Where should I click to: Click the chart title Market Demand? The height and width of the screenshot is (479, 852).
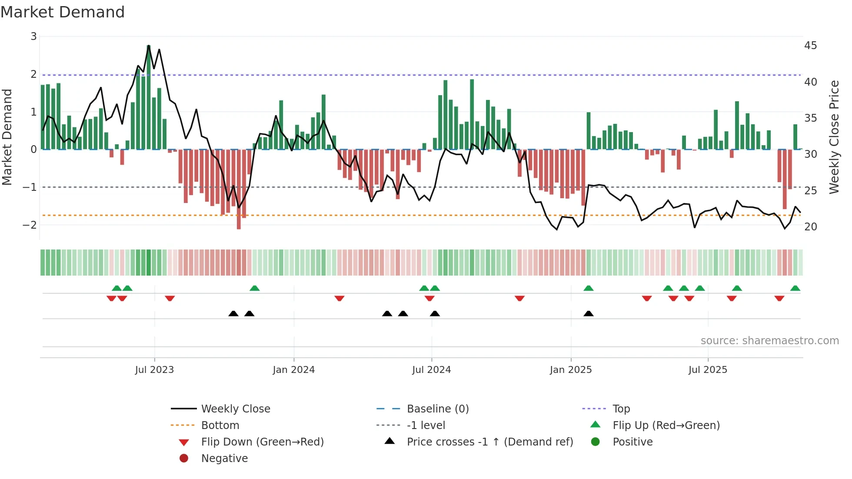(x=63, y=12)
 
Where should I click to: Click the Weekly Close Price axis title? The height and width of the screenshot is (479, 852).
(x=834, y=137)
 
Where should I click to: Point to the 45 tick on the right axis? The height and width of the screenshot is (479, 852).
(x=810, y=46)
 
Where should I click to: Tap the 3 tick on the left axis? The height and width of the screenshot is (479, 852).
(x=33, y=37)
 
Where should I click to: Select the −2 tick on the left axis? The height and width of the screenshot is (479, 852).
(x=30, y=225)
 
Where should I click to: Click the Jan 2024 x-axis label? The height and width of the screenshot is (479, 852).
(x=293, y=370)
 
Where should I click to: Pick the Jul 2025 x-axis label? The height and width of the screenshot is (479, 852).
(x=708, y=370)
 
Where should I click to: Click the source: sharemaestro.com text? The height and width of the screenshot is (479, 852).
(x=769, y=341)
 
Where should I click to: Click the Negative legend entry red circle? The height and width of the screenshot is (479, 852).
(x=184, y=459)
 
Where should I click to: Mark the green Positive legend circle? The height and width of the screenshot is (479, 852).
(x=596, y=442)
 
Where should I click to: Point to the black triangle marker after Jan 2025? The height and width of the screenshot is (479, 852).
(x=588, y=313)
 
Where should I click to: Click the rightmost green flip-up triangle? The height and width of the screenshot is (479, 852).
(x=795, y=288)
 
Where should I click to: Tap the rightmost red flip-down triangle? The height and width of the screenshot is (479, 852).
(x=779, y=298)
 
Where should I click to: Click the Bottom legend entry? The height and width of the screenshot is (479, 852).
(x=220, y=426)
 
